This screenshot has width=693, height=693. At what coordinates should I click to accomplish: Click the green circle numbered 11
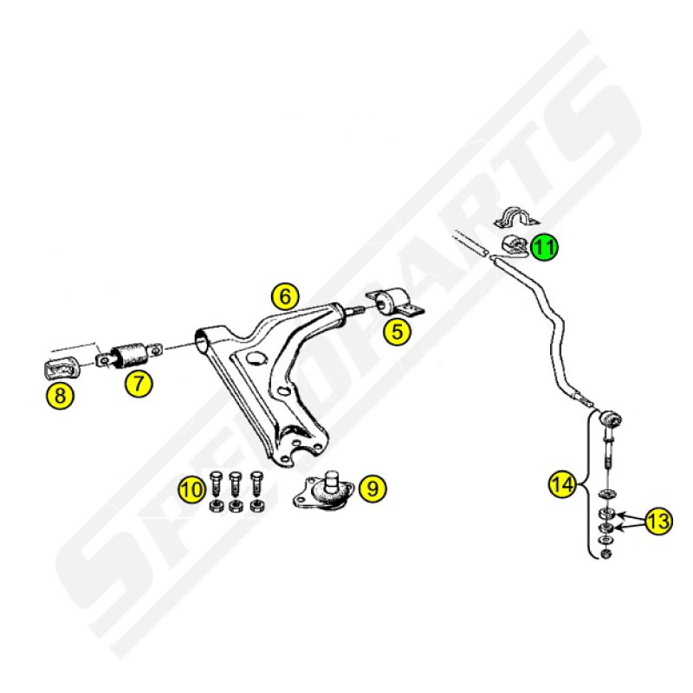click(x=545, y=247)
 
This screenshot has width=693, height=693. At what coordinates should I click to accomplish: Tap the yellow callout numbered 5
click(x=398, y=332)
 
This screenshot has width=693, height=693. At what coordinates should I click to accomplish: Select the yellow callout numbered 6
click(x=285, y=296)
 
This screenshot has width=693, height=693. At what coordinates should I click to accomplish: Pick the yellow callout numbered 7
click(x=139, y=383)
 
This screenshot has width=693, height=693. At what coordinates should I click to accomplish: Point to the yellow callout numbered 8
click(x=60, y=395)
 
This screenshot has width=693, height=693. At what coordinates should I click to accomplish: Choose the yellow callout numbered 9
click(x=372, y=489)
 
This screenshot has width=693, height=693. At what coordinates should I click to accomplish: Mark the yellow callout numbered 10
click(x=192, y=489)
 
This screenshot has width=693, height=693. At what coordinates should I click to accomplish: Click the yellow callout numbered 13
click(x=658, y=521)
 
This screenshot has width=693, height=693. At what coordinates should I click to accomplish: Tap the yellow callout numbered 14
click(x=562, y=485)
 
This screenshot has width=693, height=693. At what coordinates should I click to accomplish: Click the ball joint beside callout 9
click(x=324, y=492)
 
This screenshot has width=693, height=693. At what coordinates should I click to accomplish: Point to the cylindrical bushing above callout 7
click(x=129, y=354)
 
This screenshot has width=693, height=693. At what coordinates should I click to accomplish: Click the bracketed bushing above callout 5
click(x=395, y=301)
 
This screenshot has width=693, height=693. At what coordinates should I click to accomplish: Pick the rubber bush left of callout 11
click(x=513, y=244)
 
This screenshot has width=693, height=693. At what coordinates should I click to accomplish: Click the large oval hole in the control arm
click(x=256, y=358)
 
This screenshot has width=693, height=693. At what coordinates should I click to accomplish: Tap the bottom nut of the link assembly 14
click(x=606, y=554)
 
